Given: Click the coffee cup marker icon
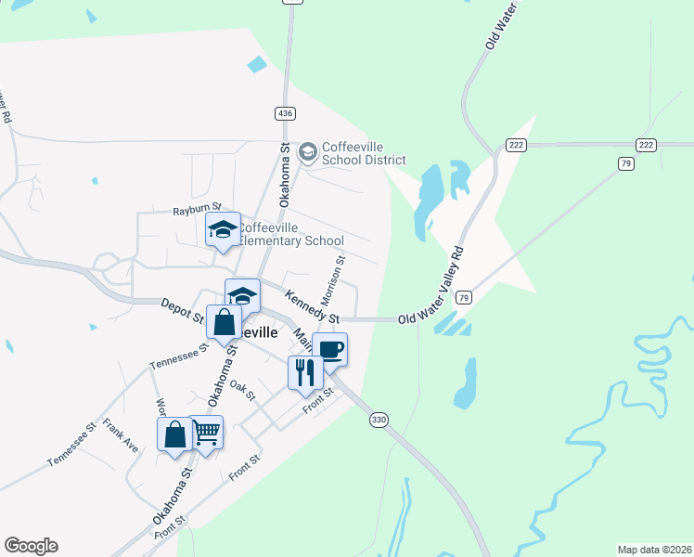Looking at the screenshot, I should click(x=329, y=350).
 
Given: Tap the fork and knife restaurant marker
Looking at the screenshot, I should click(x=305, y=372).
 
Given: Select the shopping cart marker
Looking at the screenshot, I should click(x=206, y=431).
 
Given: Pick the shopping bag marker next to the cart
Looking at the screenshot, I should click(x=174, y=434).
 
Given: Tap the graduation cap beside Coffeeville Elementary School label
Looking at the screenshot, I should click(x=223, y=229).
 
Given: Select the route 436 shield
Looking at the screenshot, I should click(x=286, y=112).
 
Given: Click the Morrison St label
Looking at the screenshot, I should click(x=332, y=281).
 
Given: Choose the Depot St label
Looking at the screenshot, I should click(x=182, y=310).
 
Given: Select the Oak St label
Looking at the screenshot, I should click(x=242, y=391).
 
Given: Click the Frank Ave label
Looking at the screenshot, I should click(x=121, y=434).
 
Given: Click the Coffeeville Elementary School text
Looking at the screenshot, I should click(x=291, y=234).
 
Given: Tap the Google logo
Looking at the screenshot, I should click(x=31, y=546).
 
